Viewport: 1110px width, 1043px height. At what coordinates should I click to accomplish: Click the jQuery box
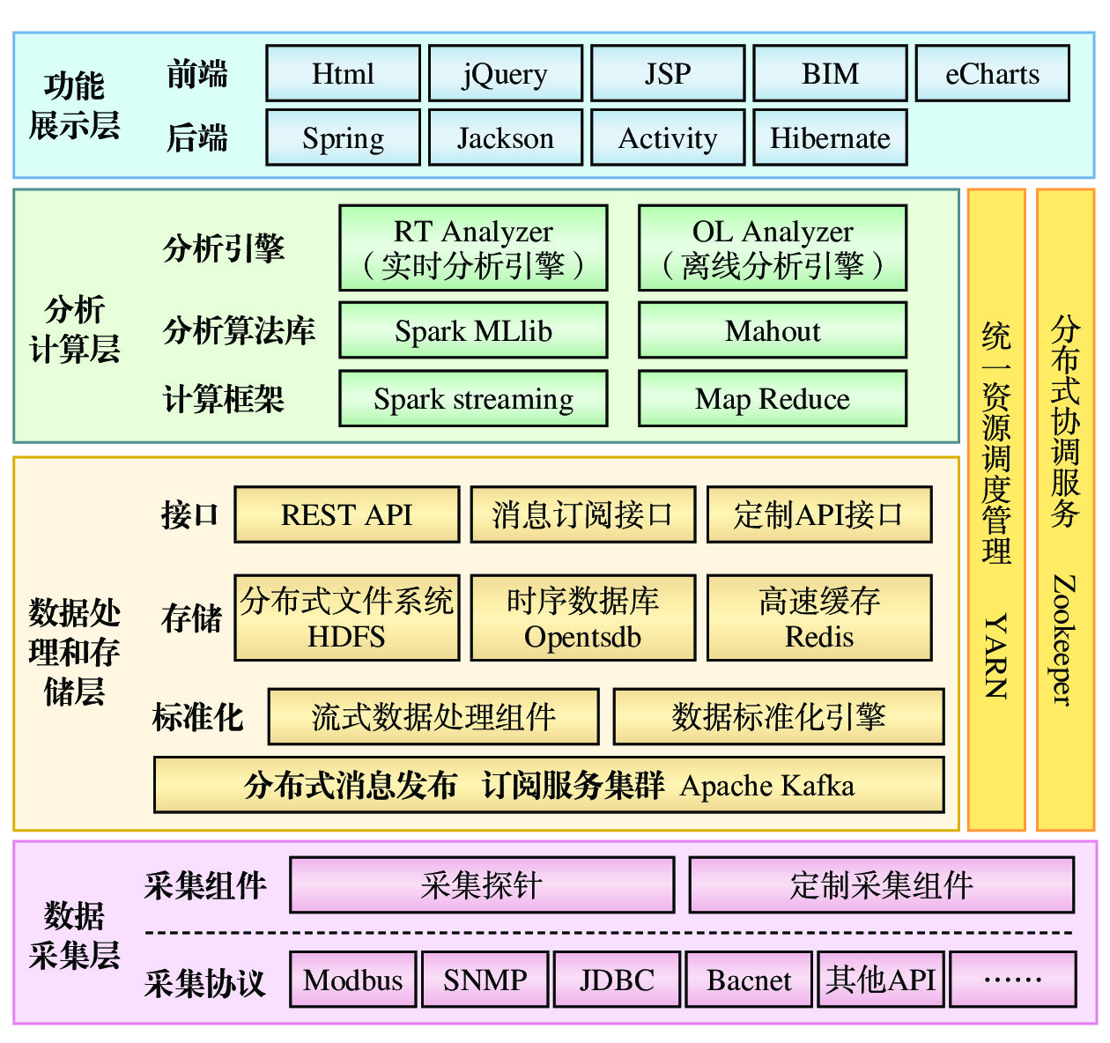pyautogui.click(x=506, y=74)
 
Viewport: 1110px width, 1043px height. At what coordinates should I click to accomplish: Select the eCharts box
pyautogui.click(x=992, y=74)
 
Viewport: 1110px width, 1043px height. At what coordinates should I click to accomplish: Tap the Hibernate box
pyautogui.click(x=830, y=137)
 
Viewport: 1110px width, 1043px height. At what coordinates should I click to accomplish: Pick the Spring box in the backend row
pyautogui.click(x=343, y=137)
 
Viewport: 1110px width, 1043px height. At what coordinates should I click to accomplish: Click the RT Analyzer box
pyautogui.click(x=473, y=248)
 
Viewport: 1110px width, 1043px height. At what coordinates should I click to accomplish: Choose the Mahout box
pyautogui.click(x=772, y=330)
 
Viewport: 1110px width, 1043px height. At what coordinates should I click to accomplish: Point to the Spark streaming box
pyautogui.click(x=473, y=399)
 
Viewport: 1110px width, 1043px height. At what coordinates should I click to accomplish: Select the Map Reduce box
pyautogui.click(x=772, y=399)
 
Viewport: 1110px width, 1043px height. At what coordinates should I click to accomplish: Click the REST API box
pyautogui.click(x=346, y=514)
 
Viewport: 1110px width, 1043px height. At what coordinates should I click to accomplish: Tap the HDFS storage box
pyautogui.click(x=346, y=618)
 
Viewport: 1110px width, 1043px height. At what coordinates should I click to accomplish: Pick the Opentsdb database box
pyautogui.click(x=582, y=618)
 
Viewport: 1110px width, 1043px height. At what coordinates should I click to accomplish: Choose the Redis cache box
pyautogui.click(x=819, y=618)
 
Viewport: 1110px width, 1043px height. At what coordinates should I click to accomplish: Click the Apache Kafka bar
pyautogui.click(x=549, y=785)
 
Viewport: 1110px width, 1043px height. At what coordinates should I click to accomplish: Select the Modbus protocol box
pyautogui.click(x=353, y=980)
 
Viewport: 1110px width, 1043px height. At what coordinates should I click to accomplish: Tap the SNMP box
pyautogui.click(x=485, y=980)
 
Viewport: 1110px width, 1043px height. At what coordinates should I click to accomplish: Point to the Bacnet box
pyautogui.click(x=749, y=980)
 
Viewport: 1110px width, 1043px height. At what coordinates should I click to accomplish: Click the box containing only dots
pyautogui.click(x=1013, y=980)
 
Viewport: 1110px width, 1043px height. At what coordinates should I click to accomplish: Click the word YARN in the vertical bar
pyautogui.click(x=996, y=656)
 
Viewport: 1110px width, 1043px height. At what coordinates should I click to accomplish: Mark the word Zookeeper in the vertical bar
pyautogui.click(x=1065, y=640)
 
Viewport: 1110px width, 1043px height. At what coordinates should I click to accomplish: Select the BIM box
pyautogui.click(x=830, y=74)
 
